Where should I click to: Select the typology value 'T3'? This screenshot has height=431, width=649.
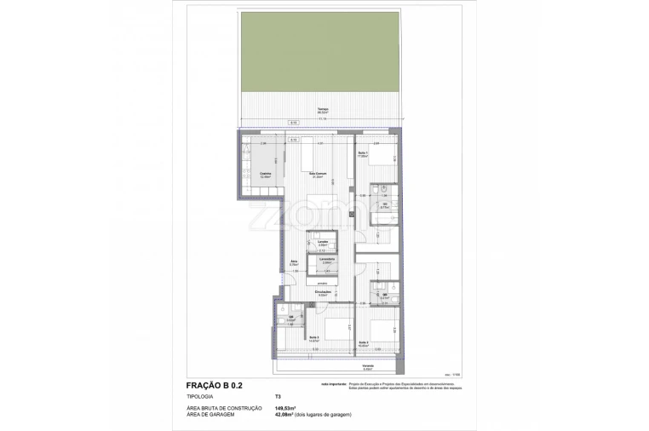[277, 397]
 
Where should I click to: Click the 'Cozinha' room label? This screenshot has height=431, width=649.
[253, 174]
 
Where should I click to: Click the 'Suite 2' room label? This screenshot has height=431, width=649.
[364, 342]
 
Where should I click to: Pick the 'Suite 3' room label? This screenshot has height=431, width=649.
[314, 337]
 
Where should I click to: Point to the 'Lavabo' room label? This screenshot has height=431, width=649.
[323, 242]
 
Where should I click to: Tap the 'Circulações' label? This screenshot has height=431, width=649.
[322, 291]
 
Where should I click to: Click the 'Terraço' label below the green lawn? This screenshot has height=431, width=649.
[323, 109]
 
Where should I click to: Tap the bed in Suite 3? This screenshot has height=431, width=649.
[336, 325]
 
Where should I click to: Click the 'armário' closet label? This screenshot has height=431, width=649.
[322, 282]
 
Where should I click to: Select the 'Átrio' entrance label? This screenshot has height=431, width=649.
[293, 262]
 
